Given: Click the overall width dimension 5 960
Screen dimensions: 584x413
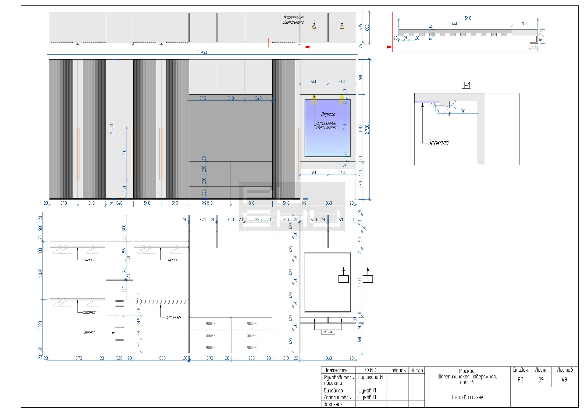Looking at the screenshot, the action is click(202, 52).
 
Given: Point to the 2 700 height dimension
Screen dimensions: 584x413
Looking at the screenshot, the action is click(112, 129).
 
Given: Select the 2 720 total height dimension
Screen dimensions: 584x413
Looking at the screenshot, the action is click(367, 129).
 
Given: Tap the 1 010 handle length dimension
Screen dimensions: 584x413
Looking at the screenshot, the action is click(124, 154).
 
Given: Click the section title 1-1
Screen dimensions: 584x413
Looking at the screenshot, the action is click(466, 85).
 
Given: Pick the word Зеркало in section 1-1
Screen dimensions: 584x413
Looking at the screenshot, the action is click(438, 143).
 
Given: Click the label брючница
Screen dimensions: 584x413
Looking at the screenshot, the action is click(173, 317).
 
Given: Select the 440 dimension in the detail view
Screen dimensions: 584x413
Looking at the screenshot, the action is click(455, 24).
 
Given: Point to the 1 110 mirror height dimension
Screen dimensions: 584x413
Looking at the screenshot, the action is click(345, 128).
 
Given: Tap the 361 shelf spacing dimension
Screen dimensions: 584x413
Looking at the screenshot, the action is click(124, 289).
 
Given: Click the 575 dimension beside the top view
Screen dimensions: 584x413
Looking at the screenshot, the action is click(360, 27).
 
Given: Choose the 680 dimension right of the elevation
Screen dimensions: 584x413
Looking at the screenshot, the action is click(360, 77).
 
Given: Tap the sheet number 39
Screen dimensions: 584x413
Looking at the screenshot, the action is click(541, 379).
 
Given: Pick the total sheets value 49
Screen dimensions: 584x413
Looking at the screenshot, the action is click(564, 379).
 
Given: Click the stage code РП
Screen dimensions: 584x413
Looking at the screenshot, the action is click(520, 379).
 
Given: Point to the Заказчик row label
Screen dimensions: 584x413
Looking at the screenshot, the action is click(333, 404).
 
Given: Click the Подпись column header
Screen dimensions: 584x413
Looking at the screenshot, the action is click(397, 370).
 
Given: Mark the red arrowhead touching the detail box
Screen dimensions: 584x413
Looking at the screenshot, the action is click(390, 47).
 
